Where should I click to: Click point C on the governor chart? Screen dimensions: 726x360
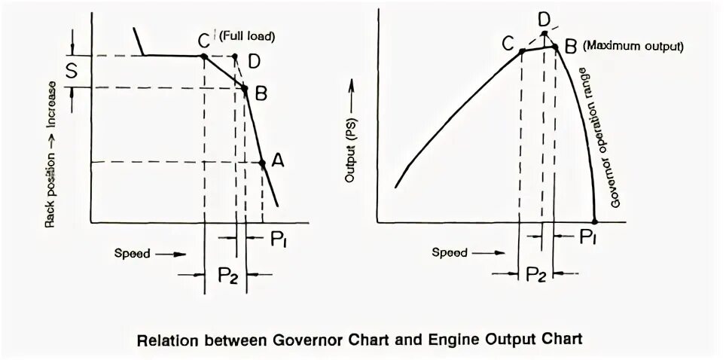coord(204,56)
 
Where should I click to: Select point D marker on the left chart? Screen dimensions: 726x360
coord(235,56)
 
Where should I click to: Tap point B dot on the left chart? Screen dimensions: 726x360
coord(245,88)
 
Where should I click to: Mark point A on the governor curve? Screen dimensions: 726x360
coord(262,163)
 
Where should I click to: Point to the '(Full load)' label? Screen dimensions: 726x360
coord(246,35)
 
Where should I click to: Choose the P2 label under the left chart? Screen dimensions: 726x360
coord(225,274)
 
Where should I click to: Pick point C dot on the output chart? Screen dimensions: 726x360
coord(522,51)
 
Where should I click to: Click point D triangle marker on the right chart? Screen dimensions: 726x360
coord(545,33)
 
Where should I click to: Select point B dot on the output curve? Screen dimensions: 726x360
coord(556,47)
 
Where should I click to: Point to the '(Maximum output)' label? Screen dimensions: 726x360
coord(632,46)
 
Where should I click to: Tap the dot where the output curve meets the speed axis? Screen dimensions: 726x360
coord(595,221)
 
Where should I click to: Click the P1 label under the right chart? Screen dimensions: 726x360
coord(589,238)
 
